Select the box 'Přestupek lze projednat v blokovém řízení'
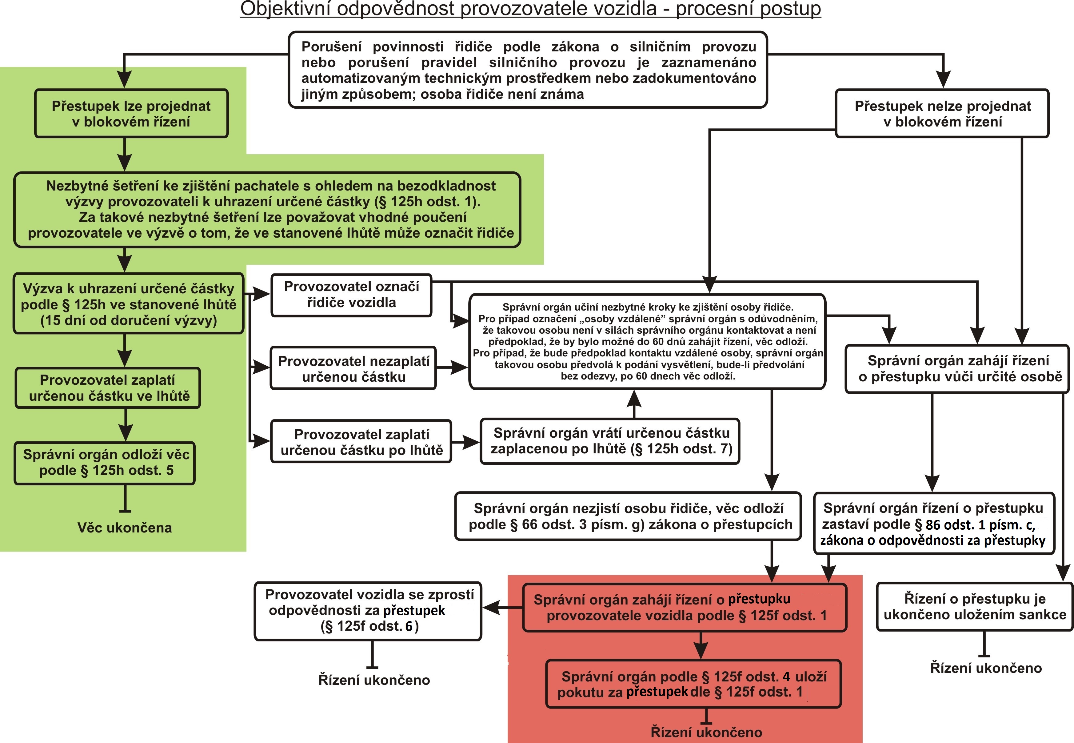click(131, 114)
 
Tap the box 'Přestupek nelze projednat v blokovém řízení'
click(942, 114)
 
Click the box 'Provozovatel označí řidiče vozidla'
click(351, 295)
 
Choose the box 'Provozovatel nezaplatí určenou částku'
click(353, 368)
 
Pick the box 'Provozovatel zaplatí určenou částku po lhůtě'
click(361, 442)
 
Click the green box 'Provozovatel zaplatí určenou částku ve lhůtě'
click(108, 388)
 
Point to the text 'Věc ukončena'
click(124, 528)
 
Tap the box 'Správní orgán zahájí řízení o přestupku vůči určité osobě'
click(957, 369)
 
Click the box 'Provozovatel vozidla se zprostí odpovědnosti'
click(368, 610)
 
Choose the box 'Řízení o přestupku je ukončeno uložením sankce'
click(974, 607)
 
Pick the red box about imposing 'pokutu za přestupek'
click(693, 684)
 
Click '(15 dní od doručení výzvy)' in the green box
click(128, 320)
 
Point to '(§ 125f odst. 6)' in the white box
click(369, 626)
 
